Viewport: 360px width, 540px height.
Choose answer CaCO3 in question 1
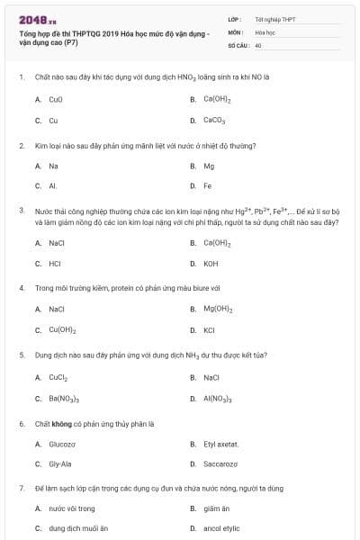[214, 120]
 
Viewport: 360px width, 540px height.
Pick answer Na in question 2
[54, 166]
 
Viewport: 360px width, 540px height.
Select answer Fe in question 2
[208, 186]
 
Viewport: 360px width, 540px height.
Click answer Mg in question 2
[209, 166]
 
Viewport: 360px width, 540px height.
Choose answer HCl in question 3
[56, 264]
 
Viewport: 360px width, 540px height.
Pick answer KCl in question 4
[209, 329]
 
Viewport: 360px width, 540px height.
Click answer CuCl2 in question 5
[58, 377]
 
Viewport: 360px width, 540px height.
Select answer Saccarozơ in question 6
[220, 464]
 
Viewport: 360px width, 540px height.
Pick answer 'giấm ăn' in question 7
[216, 508]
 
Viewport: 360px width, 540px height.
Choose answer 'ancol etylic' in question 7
[221, 529]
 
